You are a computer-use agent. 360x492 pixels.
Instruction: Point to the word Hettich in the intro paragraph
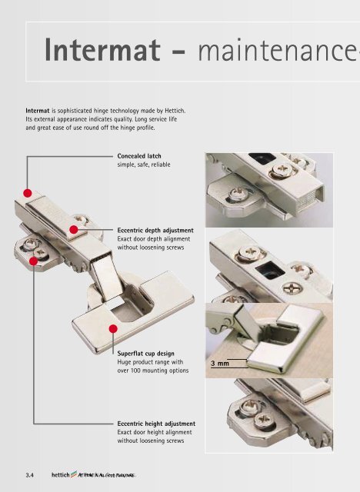pyautogui.click(x=172, y=111)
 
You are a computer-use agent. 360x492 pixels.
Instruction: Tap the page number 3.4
pyautogui.click(x=32, y=476)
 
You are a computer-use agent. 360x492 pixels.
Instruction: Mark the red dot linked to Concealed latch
pyautogui.click(x=28, y=193)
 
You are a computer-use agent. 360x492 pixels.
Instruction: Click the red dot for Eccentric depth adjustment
pyautogui.click(x=74, y=229)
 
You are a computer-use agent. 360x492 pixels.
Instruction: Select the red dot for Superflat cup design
pyautogui.click(x=112, y=329)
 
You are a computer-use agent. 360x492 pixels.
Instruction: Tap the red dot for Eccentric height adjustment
pyautogui.click(x=34, y=262)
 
